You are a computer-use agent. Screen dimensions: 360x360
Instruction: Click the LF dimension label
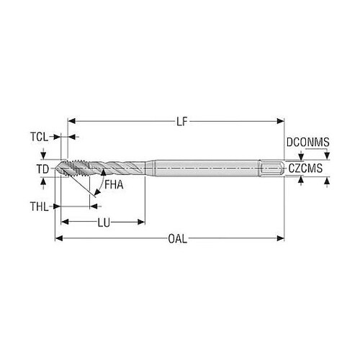pos(181,122)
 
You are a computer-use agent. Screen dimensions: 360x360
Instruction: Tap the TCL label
pos(39,137)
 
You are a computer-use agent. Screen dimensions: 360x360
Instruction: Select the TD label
pos(42,169)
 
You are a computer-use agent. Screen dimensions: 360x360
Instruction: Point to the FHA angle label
pos(114,185)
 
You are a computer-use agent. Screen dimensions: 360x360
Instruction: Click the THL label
pos(39,207)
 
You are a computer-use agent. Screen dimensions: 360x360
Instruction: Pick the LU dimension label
pos(104,222)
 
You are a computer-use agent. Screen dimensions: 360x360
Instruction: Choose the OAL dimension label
pos(177,239)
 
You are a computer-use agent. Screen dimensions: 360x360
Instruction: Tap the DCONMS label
pos(308,142)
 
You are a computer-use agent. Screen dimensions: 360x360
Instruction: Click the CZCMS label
pos(305,168)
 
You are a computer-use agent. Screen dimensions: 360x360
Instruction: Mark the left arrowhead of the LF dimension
pos(72,121)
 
